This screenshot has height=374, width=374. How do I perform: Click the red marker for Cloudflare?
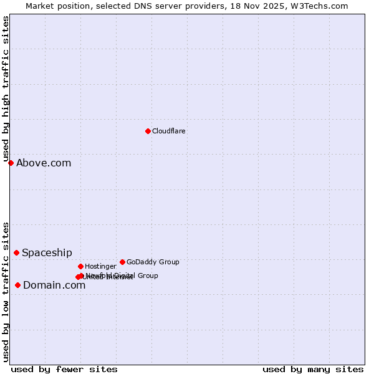(x=148, y=131)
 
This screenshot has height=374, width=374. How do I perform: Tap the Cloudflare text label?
(x=169, y=132)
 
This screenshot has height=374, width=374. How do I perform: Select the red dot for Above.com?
(x=11, y=163)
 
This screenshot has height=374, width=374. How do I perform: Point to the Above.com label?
(x=44, y=163)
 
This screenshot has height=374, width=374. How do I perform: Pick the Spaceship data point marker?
(x=16, y=252)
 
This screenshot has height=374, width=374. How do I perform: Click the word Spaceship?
(x=47, y=253)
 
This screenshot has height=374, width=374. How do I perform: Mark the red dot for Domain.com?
(x=17, y=285)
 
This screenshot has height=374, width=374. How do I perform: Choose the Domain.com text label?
(x=54, y=285)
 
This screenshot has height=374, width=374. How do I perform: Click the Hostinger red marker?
(x=80, y=266)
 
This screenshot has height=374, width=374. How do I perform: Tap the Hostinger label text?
(x=100, y=267)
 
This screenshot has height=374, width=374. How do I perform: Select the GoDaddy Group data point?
(x=122, y=262)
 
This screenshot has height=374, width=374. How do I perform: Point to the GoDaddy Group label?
(x=153, y=262)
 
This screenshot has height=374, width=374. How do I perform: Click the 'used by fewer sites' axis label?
(x=64, y=369)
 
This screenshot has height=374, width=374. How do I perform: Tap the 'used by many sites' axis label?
(x=313, y=369)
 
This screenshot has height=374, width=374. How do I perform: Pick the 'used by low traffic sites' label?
(x=6, y=291)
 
